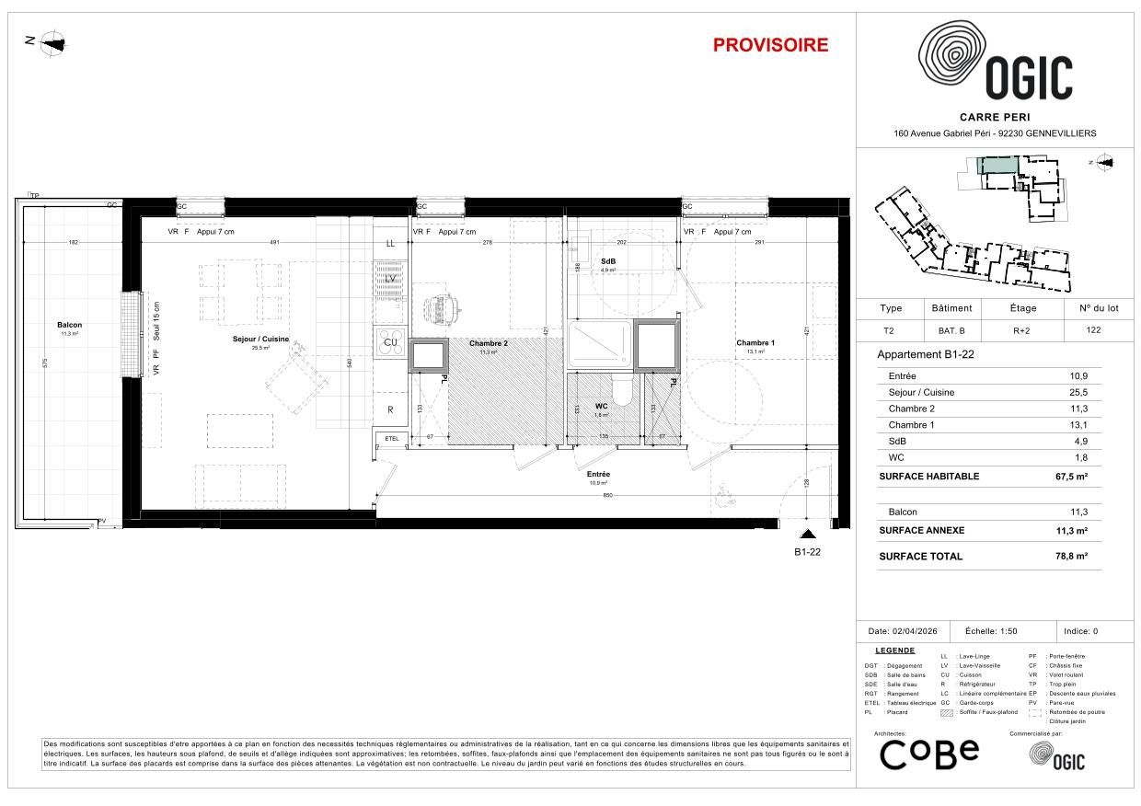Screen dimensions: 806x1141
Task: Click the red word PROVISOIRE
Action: [x=770, y=45]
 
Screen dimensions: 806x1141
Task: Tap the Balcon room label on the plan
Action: [x=69, y=325]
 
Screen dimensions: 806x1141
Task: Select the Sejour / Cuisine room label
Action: [x=260, y=339]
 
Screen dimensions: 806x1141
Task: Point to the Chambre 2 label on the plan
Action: [x=488, y=344]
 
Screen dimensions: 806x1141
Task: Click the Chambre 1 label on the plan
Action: [x=755, y=343]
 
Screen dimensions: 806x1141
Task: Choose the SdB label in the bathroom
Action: [x=607, y=262]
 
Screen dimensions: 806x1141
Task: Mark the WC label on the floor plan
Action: [x=601, y=406]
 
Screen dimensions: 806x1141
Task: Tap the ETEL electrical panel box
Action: [x=392, y=438]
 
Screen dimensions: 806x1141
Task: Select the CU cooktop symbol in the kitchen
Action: [x=390, y=342]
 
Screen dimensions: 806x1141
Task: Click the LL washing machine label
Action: [x=390, y=244]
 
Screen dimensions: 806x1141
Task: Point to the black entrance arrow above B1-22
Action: [x=807, y=534]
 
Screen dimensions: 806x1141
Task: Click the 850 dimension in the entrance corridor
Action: [x=607, y=497]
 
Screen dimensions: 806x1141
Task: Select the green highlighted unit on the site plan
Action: [x=997, y=166]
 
